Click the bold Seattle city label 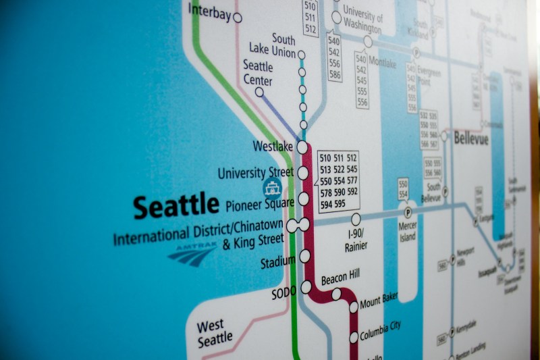[x=176, y=205]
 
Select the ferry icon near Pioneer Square [x=271, y=188]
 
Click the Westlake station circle [x=302, y=147]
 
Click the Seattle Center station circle [x=259, y=92]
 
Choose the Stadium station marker [x=305, y=256]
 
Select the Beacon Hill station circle [x=336, y=294]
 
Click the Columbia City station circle [x=354, y=337]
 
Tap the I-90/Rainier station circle [x=356, y=219]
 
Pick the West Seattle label [x=215, y=333]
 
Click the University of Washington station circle [x=336, y=18]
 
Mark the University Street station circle [x=303, y=173]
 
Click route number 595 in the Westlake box [x=340, y=203]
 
